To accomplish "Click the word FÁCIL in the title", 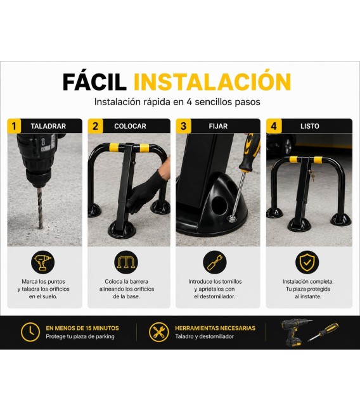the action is click(x=94, y=82).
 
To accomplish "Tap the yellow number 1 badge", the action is click(x=14, y=126).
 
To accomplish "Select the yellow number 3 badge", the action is click(x=183, y=126).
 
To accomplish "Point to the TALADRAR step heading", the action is click(x=48, y=127).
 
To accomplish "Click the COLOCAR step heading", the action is click(x=130, y=127).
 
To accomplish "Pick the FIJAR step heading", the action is click(x=218, y=127).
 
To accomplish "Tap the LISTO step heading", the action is click(x=310, y=127).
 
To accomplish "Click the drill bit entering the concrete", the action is click(x=40, y=207).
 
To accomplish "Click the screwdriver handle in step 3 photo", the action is click(x=250, y=152).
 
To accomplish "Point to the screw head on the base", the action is click(x=232, y=218).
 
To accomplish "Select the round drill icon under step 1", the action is click(x=43, y=262).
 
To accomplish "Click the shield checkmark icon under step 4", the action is click(x=307, y=262).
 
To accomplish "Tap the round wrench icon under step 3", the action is click(x=215, y=262).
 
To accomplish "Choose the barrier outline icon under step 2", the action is click(x=126, y=262).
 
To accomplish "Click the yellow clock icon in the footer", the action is click(x=30, y=332).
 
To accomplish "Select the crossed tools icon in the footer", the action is click(x=158, y=332).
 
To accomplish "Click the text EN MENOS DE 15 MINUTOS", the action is click(x=82, y=328).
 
